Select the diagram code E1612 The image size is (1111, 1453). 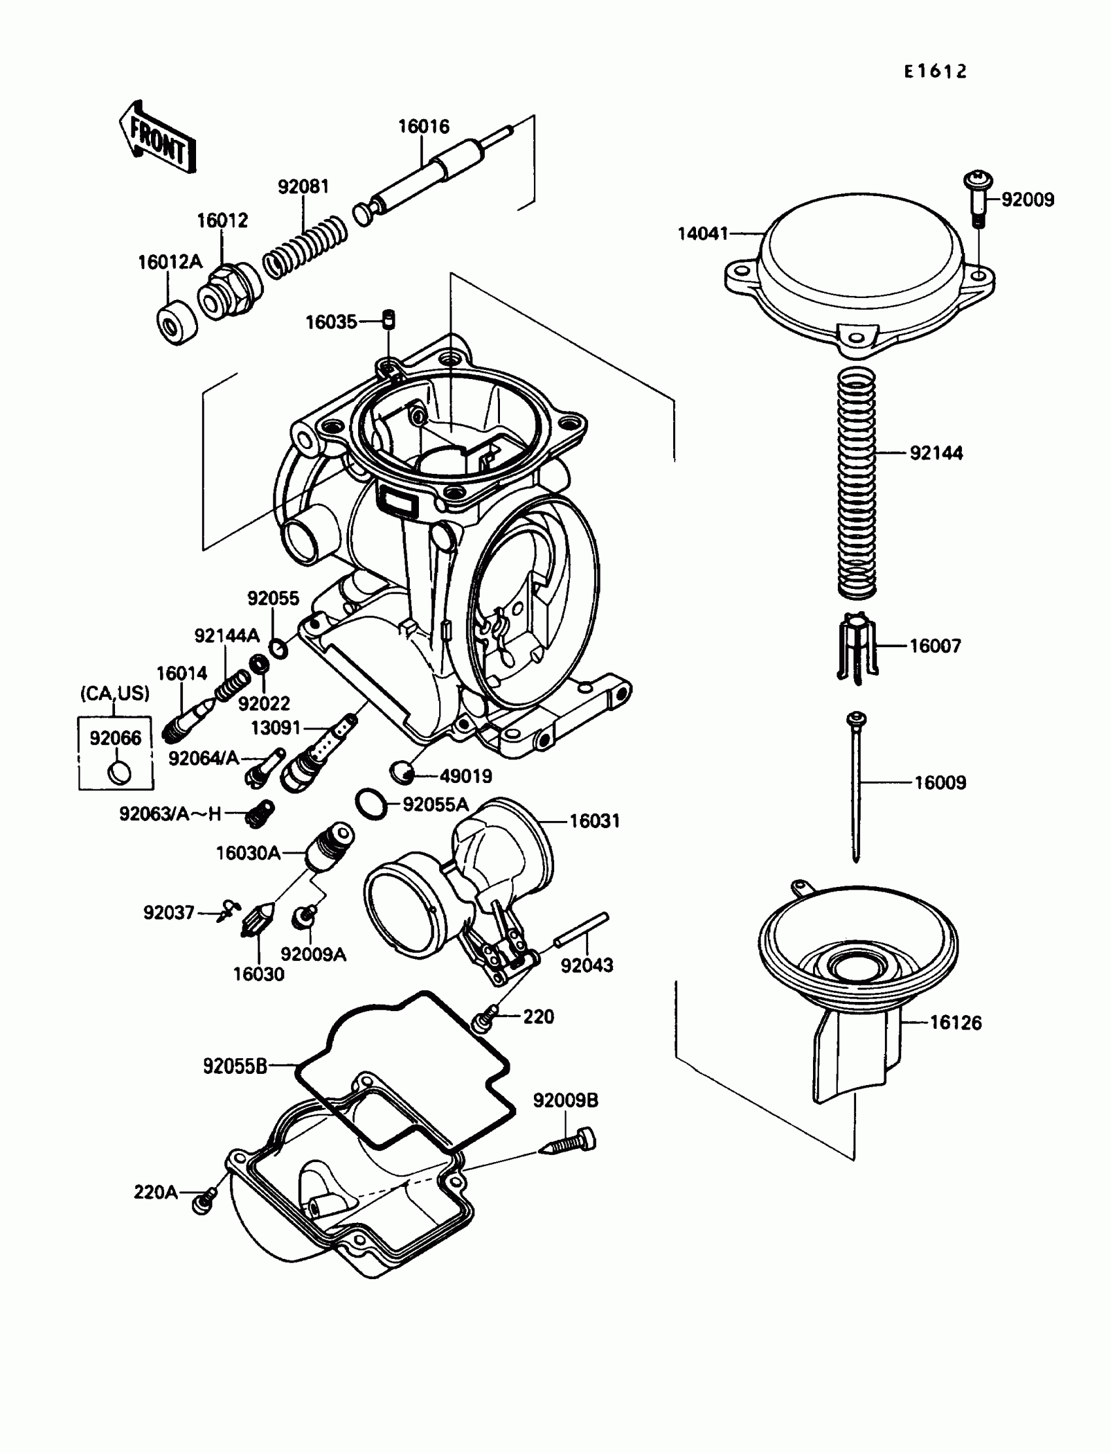[935, 71]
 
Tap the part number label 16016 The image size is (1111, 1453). [423, 126]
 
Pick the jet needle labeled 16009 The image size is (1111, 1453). [856, 786]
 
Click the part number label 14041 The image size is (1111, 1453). [703, 233]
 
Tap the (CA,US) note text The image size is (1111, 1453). [115, 693]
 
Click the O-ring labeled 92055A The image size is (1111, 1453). [372, 803]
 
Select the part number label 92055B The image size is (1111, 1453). [235, 1066]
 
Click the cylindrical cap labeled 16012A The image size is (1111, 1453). [176, 322]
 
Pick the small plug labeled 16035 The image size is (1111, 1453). [390, 318]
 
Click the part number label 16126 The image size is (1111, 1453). [955, 1022]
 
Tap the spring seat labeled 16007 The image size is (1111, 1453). [856, 647]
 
